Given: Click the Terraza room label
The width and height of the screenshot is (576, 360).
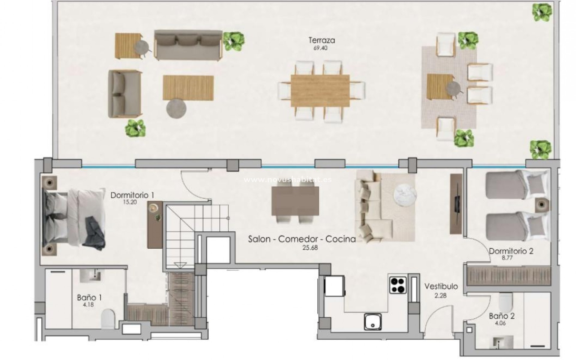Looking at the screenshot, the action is (x=322, y=40).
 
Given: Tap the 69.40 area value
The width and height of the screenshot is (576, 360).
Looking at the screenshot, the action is (x=320, y=48).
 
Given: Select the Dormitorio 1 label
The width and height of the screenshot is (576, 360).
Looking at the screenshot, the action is (x=132, y=195).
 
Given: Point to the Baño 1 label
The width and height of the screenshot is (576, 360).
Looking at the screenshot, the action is (x=89, y=298).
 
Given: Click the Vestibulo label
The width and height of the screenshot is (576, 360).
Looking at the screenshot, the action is (x=441, y=286).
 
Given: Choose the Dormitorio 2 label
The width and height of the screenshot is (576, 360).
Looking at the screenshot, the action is (x=511, y=251).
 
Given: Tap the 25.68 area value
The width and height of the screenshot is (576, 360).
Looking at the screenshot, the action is (x=310, y=248).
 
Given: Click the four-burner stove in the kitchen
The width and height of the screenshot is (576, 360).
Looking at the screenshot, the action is (x=398, y=285).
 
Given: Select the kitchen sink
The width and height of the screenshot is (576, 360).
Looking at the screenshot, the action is (x=373, y=322).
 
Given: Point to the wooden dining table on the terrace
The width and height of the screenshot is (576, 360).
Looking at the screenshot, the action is (x=320, y=91).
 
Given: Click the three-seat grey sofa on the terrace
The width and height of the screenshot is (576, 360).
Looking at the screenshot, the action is (x=188, y=45).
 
